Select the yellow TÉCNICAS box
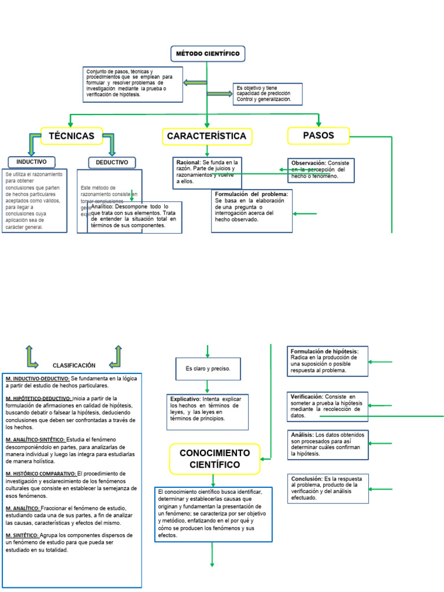click(x=72, y=136)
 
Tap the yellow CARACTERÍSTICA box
click(x=206, y=136)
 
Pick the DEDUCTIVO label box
click(x=112, y=162)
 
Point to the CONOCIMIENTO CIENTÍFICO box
click(x=214, y=458)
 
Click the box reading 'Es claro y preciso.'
click(x=208, y=368)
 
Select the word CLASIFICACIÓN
click(x=74, y=365)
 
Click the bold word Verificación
click(x=306, y=397)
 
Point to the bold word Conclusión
click(x=306, y=479)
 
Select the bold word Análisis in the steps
click(x=302, y=435)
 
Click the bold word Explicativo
click(x=185, y=399)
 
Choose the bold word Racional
click(x=188, y=163)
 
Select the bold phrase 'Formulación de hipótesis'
click(x=324, y=351)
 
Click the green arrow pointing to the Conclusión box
click(x=380, y=489)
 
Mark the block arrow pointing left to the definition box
click(x=195, y=83)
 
